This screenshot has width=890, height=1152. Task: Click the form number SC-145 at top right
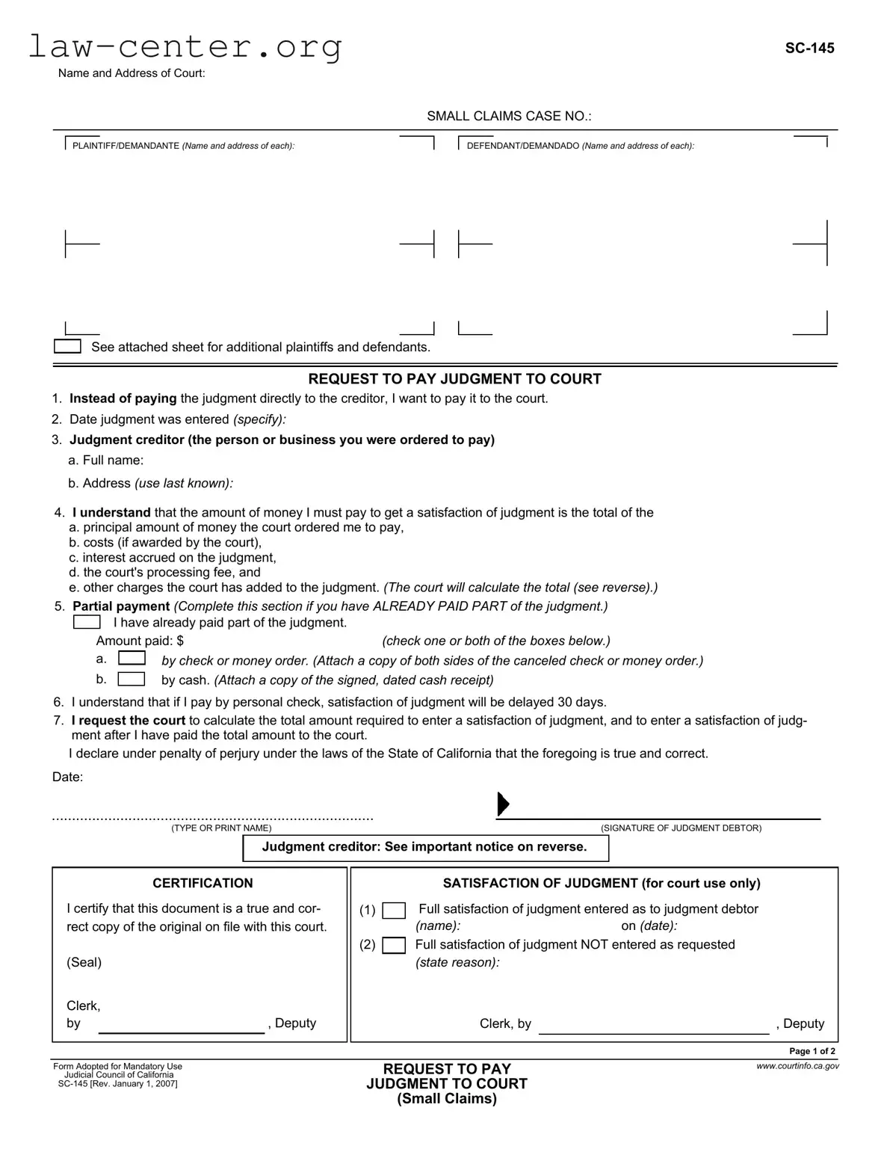pyautogui.click(x=809, y=49)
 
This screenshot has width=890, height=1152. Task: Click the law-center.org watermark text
pyautogui.click(x=185, y=46)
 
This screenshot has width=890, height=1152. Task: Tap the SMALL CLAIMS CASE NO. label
pyautogui.click(x=509, y=116)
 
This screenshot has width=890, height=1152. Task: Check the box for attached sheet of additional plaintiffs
pyautogui.click(x=67, y=347)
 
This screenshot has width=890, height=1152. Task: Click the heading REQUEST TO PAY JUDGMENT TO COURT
pyautogui.click(x=454, y=379)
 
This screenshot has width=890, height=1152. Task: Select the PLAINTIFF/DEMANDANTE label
pyautogui.click(x=183, y=146)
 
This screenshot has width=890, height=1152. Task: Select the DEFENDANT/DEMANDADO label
pyautogui.click(x=580, y=146)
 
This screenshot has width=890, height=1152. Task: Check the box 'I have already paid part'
pyautogui.click(x=87, y=622)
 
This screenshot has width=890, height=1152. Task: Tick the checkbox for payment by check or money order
pyautogui.click(x=132, y=659)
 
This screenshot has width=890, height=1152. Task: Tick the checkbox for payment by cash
pyautogui.click(x=132, y=679)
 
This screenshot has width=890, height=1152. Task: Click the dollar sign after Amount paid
pyautogui.click(x=180, y=641)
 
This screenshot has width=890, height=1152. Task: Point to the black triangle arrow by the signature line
pyautogui.click(x=503, y=804)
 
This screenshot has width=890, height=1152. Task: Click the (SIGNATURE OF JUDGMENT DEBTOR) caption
pyautogui.click(x=681, y=828)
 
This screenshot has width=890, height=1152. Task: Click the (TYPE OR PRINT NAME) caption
pyautogui.click(x=221, y=828)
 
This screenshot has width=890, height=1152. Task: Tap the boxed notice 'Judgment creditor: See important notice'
pyautogui.click(x=425, y=847)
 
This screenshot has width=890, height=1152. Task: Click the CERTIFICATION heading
pyautogui.click(x=203, y=883)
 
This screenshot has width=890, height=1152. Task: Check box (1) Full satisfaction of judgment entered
pyautogui.click(x=394, y=911)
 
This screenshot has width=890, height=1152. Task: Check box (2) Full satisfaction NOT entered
pyautogui.click(x=394, y=946)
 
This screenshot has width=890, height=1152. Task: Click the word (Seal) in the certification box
pyautogui.click(x=84, y=962)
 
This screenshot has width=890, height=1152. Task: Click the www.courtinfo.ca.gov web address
pyautogui.click(x=797, y=1066)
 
